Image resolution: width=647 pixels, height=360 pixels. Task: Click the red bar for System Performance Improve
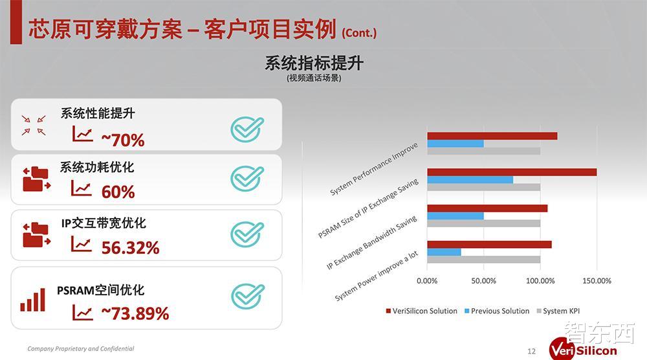coord(492,136)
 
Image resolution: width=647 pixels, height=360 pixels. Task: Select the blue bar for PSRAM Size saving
coord(470,179)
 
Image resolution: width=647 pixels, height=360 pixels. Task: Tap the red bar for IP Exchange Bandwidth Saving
coord(487,208)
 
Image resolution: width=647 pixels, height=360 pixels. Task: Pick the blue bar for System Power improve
coord(444,252)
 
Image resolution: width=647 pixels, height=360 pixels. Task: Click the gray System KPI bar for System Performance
coord(484,151)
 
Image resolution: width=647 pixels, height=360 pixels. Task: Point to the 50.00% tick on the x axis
coord(483,281)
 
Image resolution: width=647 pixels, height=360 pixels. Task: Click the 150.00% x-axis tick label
coord(597,281)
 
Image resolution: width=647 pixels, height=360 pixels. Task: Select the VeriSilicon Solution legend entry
coord(421,311)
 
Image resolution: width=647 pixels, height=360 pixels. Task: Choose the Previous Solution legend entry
coord(497,311)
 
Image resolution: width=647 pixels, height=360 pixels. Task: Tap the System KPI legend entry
coord(558,311)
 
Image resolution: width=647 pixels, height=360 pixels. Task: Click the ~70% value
coord(123,140)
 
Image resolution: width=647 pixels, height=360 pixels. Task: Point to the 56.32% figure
coord(131,248)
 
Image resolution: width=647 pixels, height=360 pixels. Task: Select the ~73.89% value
coord(135,313)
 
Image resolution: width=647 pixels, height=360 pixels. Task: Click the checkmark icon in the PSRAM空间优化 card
coord(248,296)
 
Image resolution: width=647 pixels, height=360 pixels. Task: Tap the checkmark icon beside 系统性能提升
coord(247,129)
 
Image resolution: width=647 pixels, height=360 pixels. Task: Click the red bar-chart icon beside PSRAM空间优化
coord(32,300)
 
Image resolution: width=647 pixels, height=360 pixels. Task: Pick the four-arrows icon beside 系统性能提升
coord(34,126)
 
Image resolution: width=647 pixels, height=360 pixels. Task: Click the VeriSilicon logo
coord(583,349)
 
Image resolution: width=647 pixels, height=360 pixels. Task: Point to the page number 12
coord(531,352)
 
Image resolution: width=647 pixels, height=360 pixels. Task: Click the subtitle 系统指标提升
coord(314,63)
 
